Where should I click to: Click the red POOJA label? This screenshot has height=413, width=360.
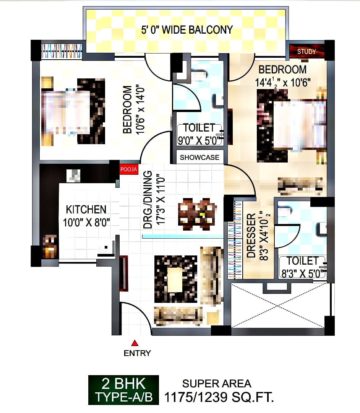[x=129, y=169]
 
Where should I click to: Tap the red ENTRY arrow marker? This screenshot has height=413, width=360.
[x=135, y=343]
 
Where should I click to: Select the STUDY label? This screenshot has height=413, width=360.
[x=306, y=51]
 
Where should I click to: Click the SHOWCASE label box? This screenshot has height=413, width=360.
[x=199, y=157]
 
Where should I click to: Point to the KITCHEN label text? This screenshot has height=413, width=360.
[x=86, y=210]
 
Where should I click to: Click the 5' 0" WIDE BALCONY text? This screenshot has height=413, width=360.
[x=187, y=30]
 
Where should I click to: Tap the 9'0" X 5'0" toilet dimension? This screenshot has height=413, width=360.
[x=199, y=140]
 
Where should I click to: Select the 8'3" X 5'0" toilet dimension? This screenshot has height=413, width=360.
[x=302, y=273]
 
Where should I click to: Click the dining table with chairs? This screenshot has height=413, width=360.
[x=197, y=214]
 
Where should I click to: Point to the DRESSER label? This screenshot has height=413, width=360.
[x=251, y=235]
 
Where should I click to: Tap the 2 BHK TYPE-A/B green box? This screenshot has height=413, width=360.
[x=123, y=390]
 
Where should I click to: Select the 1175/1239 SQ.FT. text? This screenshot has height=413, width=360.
[x=219, y=397]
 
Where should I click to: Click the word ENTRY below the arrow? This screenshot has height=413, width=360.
[x=137, y=353]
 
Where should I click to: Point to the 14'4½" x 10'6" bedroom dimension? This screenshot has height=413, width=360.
[x=283, y=82]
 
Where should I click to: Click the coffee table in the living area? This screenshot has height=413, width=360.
[x=175, y=279]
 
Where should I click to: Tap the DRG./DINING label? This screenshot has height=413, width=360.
[x=148, y=199]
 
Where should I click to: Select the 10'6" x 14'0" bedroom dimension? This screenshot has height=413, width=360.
[x=140, y=110]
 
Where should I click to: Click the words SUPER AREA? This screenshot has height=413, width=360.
[x=217, y=384]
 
